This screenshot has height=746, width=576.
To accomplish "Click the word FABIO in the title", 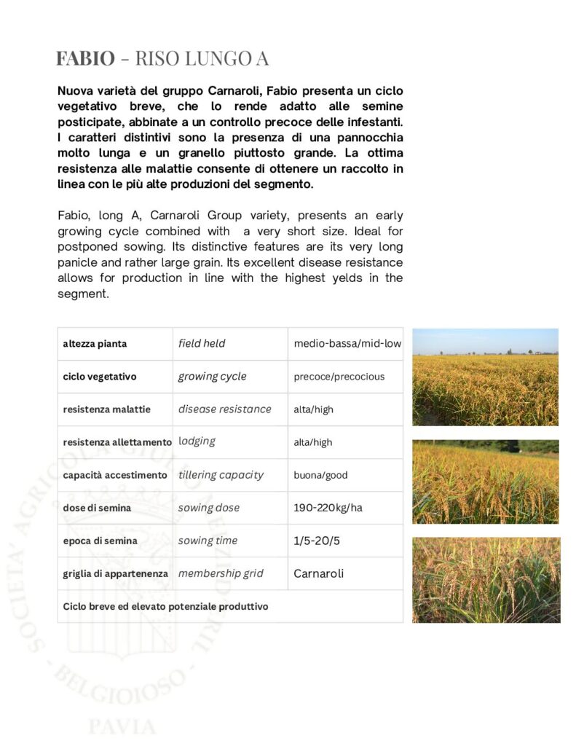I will (x=85, y=58).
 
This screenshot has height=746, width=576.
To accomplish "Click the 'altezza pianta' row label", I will (x=95, y=344).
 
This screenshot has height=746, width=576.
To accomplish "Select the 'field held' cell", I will (x=202, y=343).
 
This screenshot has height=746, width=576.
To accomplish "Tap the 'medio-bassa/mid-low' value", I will (x=347, y=344).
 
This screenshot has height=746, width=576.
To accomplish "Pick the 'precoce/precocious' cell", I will (x=339, y=377).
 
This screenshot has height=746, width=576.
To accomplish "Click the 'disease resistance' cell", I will (x=224, y=409).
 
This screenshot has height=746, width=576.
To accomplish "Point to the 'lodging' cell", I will (x=197, y=441).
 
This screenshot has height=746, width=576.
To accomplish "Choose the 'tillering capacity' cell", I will (x=221, y=475).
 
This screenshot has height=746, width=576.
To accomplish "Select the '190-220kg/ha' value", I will (x=328, y=508).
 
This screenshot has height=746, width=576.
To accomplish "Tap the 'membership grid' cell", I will (x=221, y=573).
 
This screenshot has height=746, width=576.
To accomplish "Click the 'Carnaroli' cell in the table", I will (x=318, y=573).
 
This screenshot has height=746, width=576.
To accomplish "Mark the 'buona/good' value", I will (x=320, y=475).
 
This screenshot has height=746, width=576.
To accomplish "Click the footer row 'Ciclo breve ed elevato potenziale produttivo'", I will (x=165, y=606).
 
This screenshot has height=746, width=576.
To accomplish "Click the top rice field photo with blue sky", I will (x=485, y=377).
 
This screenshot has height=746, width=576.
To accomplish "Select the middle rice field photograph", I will (x=485, y=482).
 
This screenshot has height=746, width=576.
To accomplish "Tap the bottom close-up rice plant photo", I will (x=486, y=580).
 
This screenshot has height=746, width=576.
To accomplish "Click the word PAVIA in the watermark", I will (x=122, y=726).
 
